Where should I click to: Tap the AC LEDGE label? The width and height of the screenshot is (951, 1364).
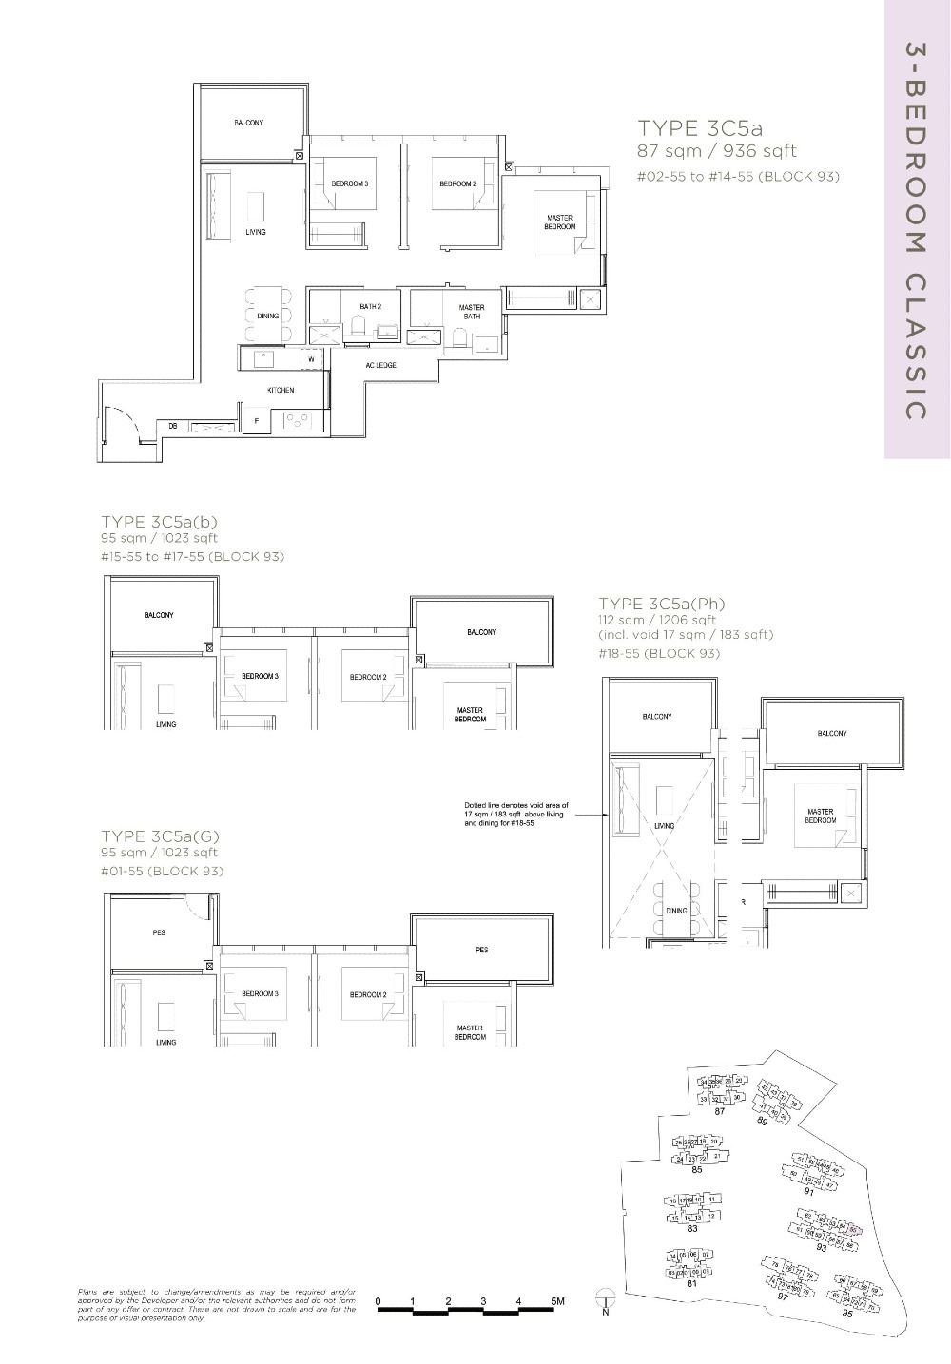pos(380,365)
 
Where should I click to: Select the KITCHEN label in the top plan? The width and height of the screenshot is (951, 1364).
pos(281,390)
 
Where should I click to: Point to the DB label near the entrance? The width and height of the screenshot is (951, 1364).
pos(173,427)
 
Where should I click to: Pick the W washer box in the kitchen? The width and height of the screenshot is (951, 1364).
pos(311,359)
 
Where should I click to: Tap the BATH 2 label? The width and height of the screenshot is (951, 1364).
pos(370,307)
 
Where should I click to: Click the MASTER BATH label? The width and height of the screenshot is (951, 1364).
pos(472,312)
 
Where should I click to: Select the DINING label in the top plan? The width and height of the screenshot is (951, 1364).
pos(268,316)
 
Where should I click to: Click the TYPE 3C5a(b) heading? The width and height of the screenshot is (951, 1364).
pos(160,522)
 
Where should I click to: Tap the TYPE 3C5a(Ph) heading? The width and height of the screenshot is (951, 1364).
pos(662,604)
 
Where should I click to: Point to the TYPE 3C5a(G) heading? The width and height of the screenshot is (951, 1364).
pos(161,836)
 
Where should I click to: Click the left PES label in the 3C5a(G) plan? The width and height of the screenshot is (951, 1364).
pos(159,933)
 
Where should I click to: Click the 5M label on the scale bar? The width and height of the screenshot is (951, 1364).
pos(556,1300)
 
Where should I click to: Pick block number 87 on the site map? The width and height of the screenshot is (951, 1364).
pos(720,1111)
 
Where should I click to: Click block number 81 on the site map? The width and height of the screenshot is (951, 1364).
pos(692,1283)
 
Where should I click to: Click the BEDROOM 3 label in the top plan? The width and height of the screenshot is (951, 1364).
pos(350,183)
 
